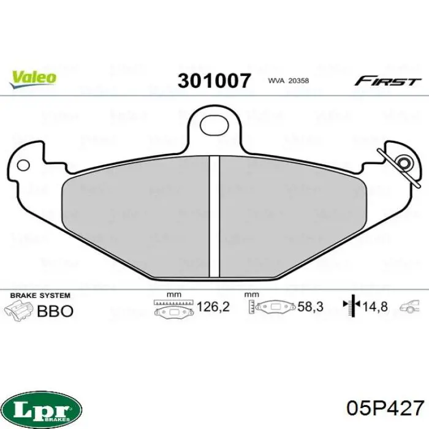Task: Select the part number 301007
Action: tap(214, 81)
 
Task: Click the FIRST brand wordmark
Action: tap(388, 81)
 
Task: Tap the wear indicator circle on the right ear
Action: tap(404, 163)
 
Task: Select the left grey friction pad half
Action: tap(135, 214)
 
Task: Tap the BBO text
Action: tap(55, 311)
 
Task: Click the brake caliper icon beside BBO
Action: tap(18, 309)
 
